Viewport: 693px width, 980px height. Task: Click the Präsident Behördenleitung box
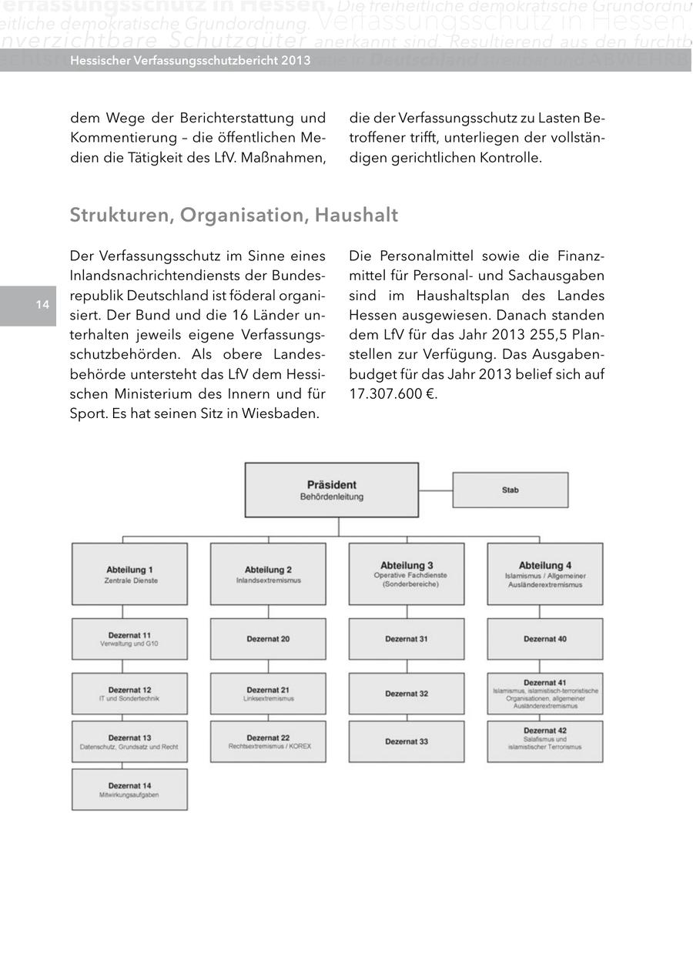[331, 490]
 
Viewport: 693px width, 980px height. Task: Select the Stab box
[510, 490]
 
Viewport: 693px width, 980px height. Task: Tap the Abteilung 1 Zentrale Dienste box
[129, 574]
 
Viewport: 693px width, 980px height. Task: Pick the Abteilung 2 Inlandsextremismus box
[268, 574]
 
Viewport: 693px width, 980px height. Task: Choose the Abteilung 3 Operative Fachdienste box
[407, 574]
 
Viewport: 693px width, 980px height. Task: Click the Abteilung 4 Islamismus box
[544, 574]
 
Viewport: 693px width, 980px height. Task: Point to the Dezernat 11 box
[129, 639]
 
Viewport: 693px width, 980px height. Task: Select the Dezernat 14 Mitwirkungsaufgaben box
[129, 789]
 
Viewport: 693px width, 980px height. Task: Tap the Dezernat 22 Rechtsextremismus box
[268, 741]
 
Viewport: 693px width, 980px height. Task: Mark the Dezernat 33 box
[407, 741]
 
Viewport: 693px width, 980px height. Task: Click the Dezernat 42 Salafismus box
[544, 741]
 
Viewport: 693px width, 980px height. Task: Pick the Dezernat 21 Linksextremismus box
[268, 694]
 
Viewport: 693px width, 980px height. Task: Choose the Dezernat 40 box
[544, 639]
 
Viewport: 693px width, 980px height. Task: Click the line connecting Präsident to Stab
[435, 490]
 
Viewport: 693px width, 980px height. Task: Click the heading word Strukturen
[121, 215]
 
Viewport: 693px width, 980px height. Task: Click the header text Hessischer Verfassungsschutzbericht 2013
[190, 60]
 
